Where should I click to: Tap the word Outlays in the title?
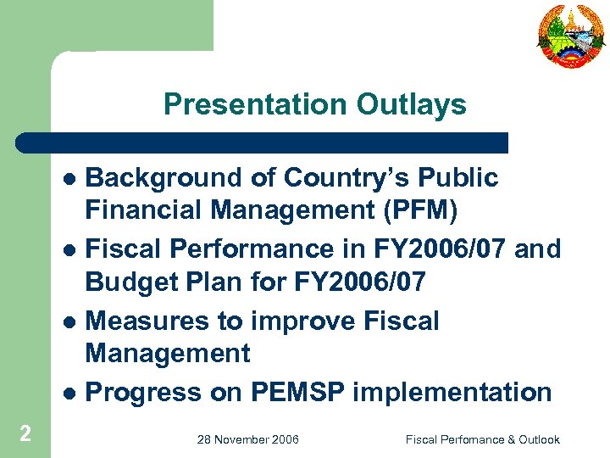pos(411,104)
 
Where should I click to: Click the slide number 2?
pos(25,434)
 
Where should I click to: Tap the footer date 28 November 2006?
pos(247,439)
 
